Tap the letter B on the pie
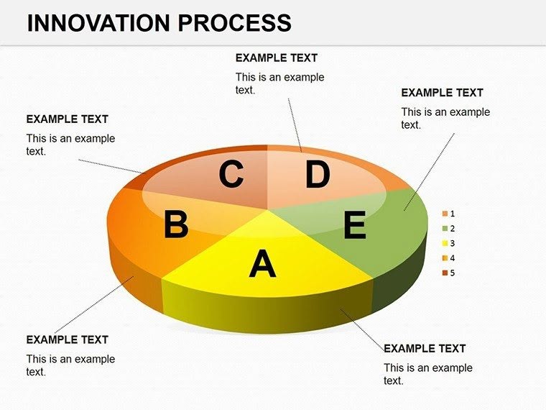[175, 225]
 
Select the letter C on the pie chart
[231, 175]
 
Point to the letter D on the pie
[317, 175]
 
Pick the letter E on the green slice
[354, 226]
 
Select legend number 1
[452, 214]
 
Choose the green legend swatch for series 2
[445, 229]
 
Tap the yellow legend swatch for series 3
[445, 243]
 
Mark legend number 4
[452, 258]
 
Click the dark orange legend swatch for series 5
[445, 273]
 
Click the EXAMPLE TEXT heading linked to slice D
[276, 58]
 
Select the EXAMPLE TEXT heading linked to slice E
[442, 93]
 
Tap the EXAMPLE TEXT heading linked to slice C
[67, 119]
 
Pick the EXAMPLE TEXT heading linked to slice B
[67, 340]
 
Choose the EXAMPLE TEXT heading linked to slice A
[425, 348]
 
